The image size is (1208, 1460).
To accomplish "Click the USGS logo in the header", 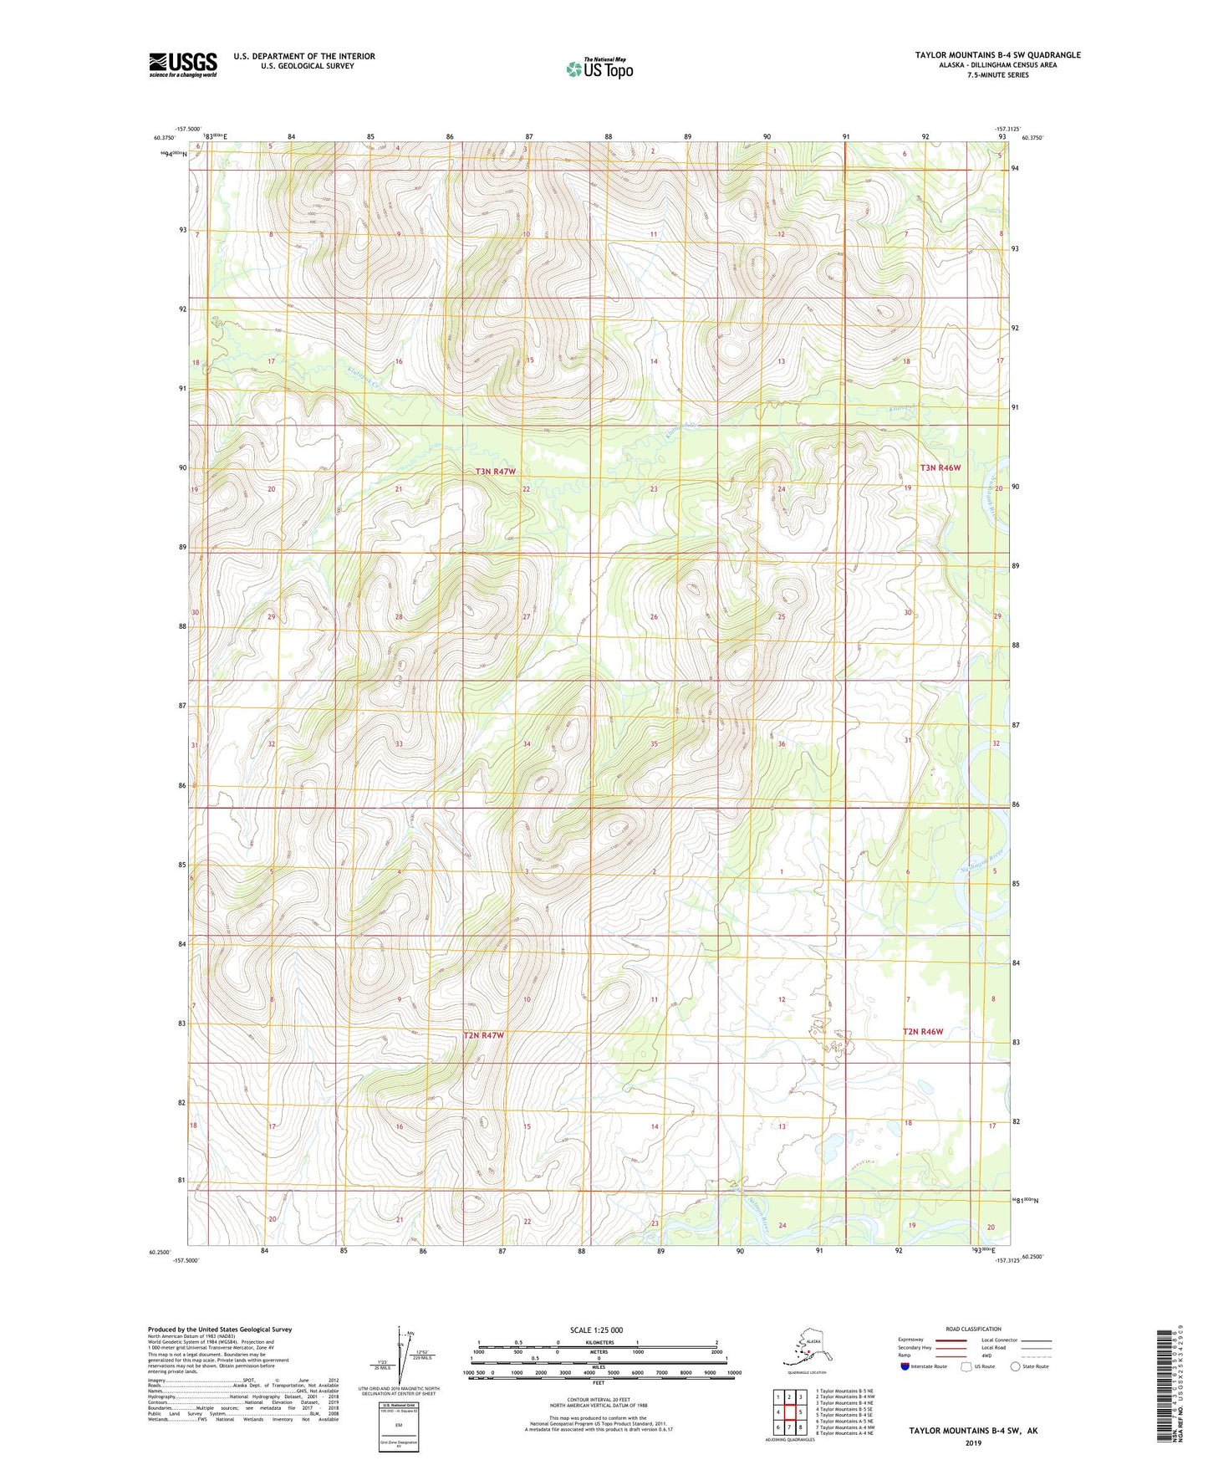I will (182, 64).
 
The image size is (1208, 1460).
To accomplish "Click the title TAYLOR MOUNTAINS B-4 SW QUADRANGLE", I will (997, 55).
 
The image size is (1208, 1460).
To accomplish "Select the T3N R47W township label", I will (496, 472).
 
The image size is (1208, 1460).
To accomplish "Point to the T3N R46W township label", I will (940, 467).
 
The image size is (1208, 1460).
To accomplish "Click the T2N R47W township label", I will (484, 1035).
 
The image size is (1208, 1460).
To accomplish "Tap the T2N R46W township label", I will (922, 1031).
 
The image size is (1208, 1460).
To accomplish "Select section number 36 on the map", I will (782, 743).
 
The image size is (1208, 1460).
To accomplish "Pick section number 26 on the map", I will (654, 617).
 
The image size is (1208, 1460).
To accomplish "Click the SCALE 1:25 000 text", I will (596, 1330).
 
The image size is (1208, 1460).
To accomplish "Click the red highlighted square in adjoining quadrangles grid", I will (789, 1413).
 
